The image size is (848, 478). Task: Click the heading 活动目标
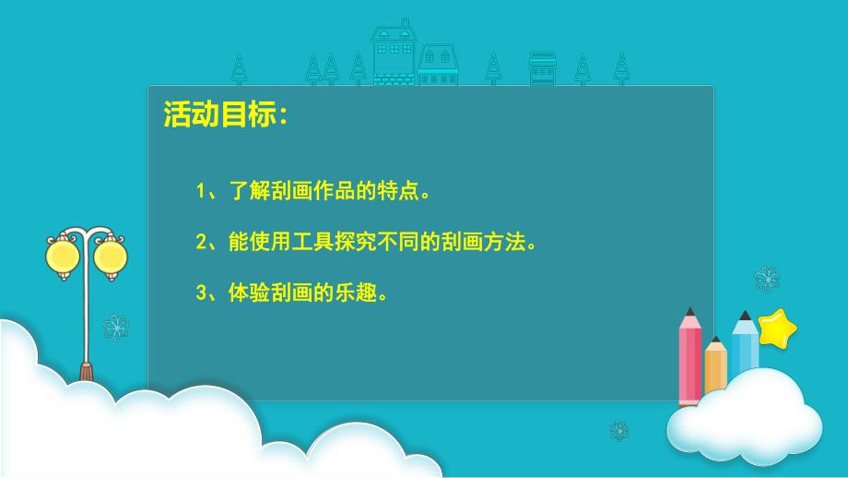224,115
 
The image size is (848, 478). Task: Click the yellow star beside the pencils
777,328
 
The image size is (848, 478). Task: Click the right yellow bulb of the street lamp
110,254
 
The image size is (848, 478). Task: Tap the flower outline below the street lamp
115,327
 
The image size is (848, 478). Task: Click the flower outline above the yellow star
766,278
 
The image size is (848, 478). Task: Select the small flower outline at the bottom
619,431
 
